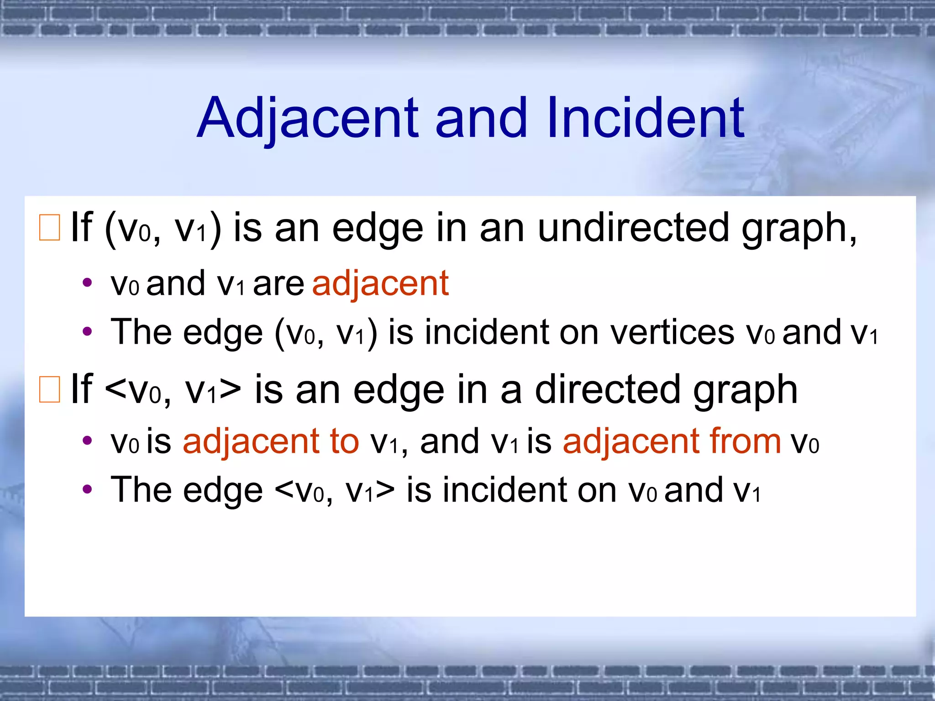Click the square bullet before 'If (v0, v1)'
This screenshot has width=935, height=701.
pos(49,227)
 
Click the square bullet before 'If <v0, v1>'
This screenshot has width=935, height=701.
pos(49,389)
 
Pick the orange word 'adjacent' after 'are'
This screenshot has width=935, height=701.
pos(380,283)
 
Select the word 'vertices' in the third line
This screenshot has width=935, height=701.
pos(672,332)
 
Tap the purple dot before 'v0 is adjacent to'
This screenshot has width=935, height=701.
pos(87,441)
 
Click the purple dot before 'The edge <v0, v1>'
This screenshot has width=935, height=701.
pos(87,490)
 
